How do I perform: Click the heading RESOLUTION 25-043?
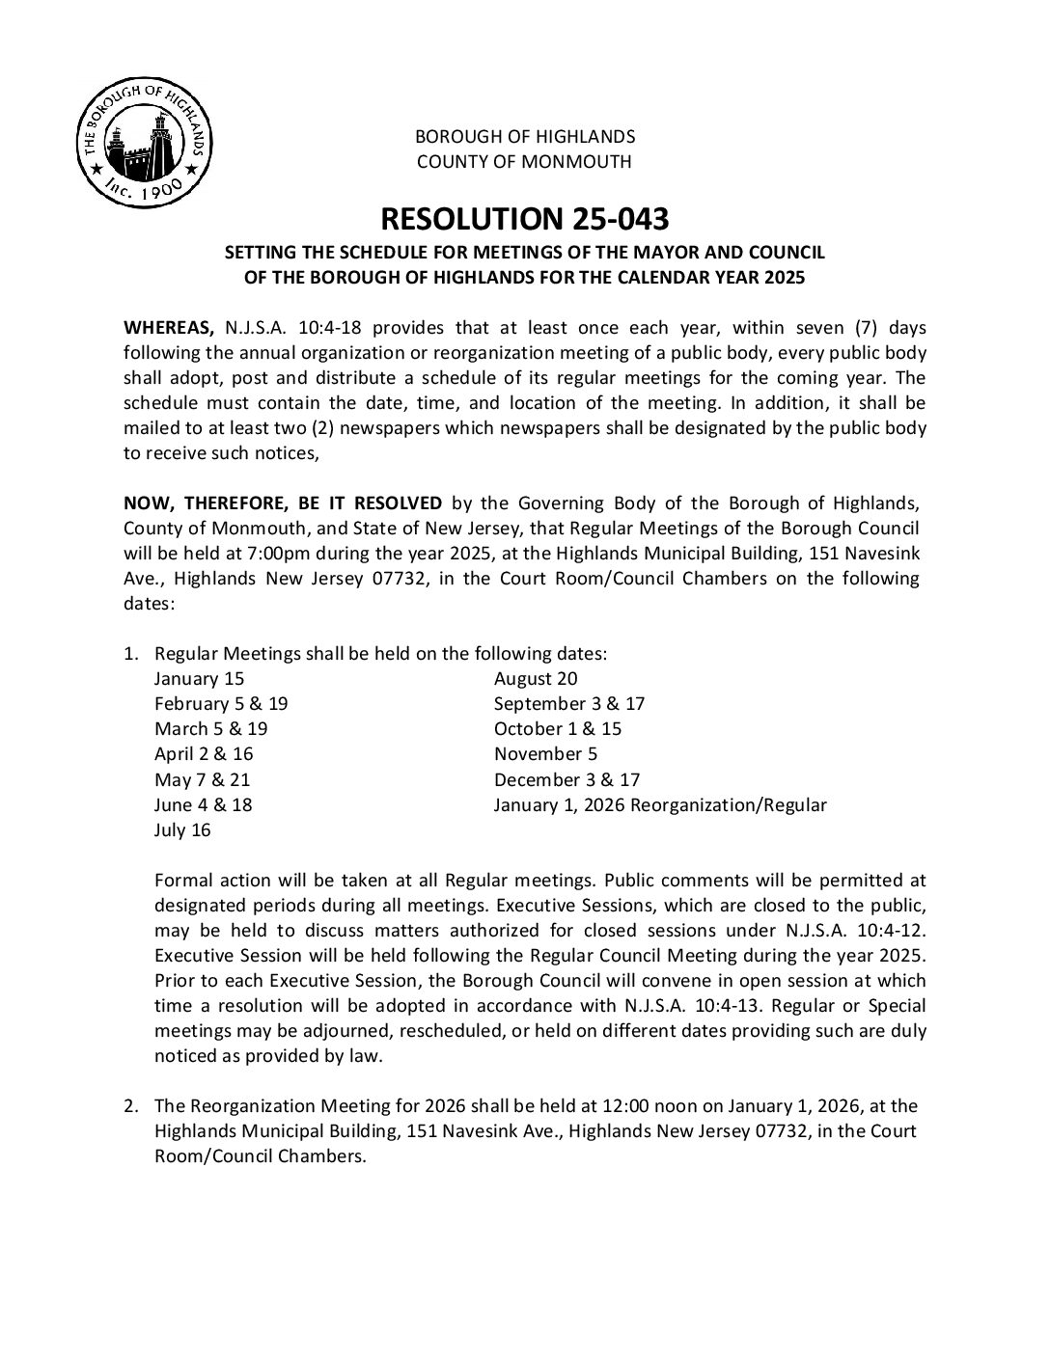(x=524, y=219)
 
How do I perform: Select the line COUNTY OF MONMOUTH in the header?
(x=524, y=161)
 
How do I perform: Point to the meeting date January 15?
(x=199, y=678)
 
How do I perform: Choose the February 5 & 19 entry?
(x=221, y=703)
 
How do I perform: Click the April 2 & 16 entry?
(x=204, y=754)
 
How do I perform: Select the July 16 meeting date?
(x=182, y=829)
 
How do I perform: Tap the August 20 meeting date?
(x=536, y=678)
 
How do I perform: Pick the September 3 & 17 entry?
(x=569, y=703)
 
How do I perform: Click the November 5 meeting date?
(x=539, y=754)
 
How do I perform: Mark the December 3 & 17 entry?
(x=566, y=779)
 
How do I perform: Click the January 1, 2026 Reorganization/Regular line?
(x=660, y=804)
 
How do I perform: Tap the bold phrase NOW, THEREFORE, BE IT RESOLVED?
(x=283, y=503)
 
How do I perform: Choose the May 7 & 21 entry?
(x=202, y=779)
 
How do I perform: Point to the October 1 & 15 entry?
(x=558, y=729)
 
